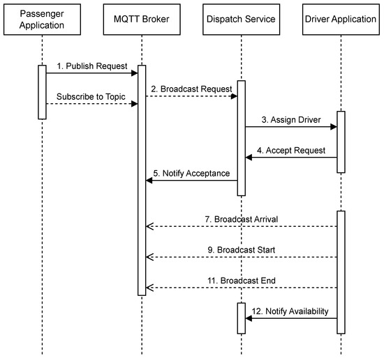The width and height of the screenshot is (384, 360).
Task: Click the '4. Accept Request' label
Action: point(292,150)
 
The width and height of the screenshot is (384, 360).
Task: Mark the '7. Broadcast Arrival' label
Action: point(242,219)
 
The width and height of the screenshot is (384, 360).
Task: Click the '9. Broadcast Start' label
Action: point(242,250)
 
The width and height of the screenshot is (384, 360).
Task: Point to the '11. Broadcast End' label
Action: point(242,280)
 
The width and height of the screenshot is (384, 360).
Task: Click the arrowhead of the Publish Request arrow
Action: point(134,73)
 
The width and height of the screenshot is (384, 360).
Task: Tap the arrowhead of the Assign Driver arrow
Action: point(334,127)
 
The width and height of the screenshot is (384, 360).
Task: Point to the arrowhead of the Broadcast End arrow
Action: point(149,287)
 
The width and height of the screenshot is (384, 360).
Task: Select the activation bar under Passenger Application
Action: point(42,92)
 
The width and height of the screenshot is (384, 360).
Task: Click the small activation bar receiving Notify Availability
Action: point(242,318)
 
